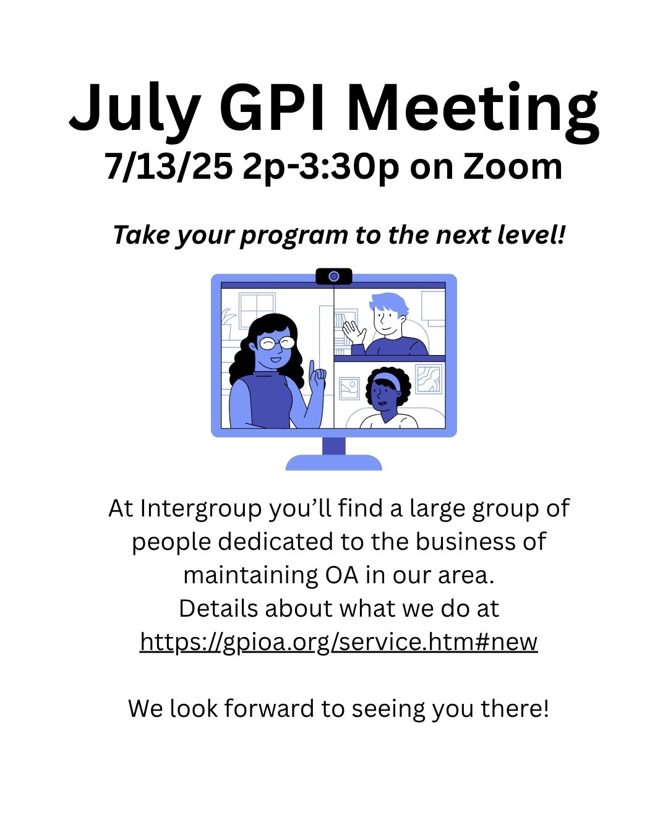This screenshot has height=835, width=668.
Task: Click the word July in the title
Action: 135,111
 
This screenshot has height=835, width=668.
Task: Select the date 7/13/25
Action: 168,166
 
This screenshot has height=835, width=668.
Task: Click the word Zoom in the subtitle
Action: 512,166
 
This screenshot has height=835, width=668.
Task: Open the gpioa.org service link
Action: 338,641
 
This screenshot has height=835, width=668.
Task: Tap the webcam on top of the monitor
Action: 334,276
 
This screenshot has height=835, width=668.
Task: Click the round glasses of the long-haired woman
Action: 276,343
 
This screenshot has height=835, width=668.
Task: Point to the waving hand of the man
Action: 354,332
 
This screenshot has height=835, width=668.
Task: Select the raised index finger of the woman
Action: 311,370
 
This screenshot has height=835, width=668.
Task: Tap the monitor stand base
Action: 334,463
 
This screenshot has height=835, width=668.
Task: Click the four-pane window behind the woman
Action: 257,310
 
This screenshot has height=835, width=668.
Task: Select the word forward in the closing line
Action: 269,708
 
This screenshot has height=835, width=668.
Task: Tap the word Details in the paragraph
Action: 218,608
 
